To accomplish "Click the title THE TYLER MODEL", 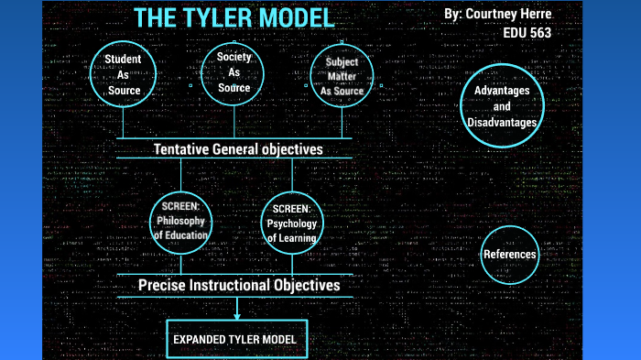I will click(x=234, y=17).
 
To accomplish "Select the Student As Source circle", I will click(x=123, y=75).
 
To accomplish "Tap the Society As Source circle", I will click(x=234, y=72).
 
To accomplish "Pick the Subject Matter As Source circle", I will click(x=342, y=76).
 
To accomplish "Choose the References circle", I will click(x=509, y=254).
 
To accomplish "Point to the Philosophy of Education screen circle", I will click(x=182, y=221).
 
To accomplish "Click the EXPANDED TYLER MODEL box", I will click(x=235, y=339).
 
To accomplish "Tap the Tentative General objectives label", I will click(x=237, y=148).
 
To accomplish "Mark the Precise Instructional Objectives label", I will click(x=239, y=285).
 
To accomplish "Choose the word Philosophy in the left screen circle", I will click(x=182, y=221).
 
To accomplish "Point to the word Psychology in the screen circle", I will click(x=293, y=224).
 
